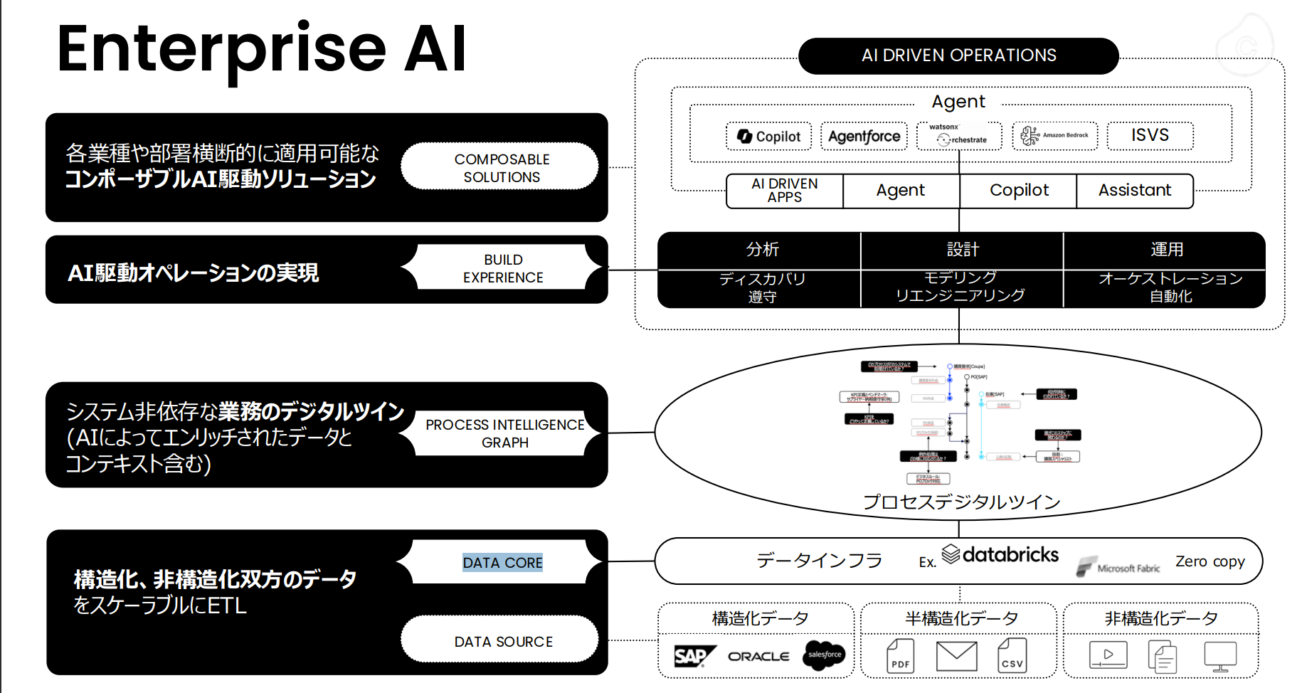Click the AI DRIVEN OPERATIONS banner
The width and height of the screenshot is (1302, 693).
[x=958, y=55]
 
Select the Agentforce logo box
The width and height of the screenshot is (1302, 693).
[x=864, y=136]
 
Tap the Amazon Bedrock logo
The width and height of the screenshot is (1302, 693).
[x=1055, y=135]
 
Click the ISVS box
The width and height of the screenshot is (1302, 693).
[x=1150, y=135]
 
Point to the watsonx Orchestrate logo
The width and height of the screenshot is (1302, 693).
[x=958, y=135]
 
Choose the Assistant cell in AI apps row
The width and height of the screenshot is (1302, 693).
[x=1134, y=191]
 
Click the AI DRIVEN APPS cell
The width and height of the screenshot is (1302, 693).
[x=784, y=191]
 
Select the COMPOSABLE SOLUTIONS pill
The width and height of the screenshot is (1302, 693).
[x=501, y=168]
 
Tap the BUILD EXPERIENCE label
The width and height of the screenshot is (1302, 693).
[x=502, y=268]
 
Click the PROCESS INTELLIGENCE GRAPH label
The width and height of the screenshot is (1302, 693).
[x=504, y=433]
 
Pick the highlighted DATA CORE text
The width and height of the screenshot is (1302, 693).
[x=502, y=563]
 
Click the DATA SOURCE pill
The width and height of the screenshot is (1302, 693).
[x=502, y=641]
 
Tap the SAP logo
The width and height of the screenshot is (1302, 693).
[x=692, y=655]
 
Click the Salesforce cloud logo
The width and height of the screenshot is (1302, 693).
[x=824, y=655]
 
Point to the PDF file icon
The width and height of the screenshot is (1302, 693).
[x=900, y=656]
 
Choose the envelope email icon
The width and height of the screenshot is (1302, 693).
[x=956, y=656]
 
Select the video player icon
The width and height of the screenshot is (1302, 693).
[x=1108, y=655]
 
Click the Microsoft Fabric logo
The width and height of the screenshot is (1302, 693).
[x=1119, y=567]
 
